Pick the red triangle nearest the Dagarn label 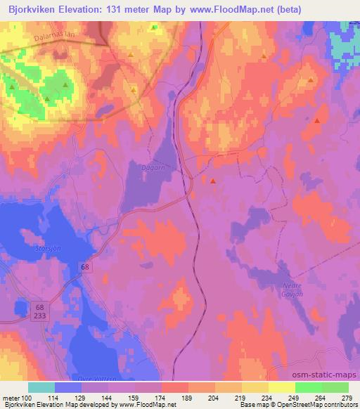coord(213,181)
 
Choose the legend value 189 coord(188,397)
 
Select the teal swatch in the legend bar coord(41,387)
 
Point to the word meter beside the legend coord(9,397)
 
